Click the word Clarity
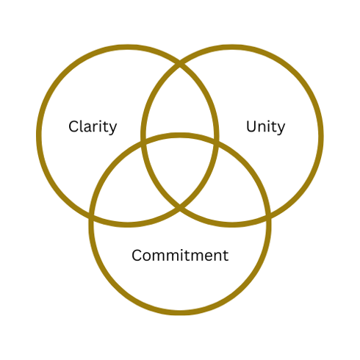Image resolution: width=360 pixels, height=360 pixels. tap(93, 127)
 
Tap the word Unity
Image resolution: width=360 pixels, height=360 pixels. tap(265, 127)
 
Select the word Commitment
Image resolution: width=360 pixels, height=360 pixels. tap(180, 255)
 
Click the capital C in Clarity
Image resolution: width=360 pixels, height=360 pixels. tap(73, 126)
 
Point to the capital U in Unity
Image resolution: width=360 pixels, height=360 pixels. tap(251, 126)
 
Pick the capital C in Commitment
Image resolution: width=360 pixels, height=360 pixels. tap(137, 255)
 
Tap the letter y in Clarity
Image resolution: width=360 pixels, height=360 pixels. tap(112, 129)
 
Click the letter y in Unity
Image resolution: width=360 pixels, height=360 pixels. tap(281, 129)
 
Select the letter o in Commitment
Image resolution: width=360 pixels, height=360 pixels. tap(149, 256)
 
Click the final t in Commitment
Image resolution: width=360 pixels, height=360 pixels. tap(226, 256)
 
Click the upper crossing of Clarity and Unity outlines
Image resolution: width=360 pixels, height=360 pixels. tap(180, 63)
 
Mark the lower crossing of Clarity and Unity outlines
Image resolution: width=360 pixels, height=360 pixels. tap(180, 208)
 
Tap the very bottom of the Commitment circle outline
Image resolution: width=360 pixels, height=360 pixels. tap(180, 313)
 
